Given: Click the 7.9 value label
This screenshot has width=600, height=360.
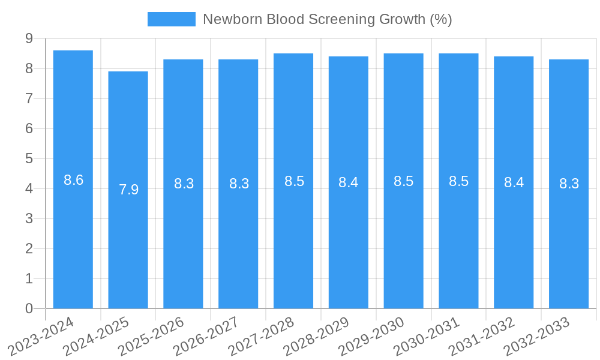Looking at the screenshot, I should click(x=128, y=190).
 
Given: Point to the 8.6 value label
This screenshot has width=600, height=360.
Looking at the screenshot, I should click(x=73, y=180).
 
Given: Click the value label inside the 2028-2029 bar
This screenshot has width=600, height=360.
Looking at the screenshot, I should click(x=349, y=183).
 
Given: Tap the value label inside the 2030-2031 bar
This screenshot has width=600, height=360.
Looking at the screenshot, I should click(x=458, y=181).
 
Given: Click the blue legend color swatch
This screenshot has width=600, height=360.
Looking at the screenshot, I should click(x=172, y=19).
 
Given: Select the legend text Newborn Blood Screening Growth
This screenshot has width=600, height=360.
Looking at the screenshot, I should click(x=327, y=19).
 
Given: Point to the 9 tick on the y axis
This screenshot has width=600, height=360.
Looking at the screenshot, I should click(x=29, y=38).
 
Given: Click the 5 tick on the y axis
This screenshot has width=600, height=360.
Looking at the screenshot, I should click(x=29, y=158).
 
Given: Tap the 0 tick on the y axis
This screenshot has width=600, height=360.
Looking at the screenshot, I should click(x=29, y=308).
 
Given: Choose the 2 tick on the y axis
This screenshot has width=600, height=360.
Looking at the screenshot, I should click(x=29, y=248).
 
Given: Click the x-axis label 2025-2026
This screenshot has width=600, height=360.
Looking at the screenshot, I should click(x=152, y=336).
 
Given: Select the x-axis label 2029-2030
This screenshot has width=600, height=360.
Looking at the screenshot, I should click(x=372, y=336).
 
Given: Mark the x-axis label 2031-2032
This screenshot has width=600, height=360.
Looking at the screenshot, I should click(x=482, y=336).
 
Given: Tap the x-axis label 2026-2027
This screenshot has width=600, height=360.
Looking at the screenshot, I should click(x=207, y=336).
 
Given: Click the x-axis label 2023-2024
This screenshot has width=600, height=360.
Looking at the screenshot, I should click(x=41, y=336).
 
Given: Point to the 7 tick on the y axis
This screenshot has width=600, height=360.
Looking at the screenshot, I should click(x=29, y=98).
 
